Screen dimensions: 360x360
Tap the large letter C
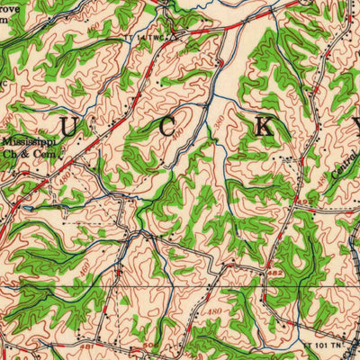tap(168, 125)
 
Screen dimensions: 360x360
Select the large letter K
tap(263, 126)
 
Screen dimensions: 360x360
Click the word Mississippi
tap(27, 141)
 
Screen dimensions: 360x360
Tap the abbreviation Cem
tap(40, 153)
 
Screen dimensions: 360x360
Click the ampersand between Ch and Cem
tap(24, 153)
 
